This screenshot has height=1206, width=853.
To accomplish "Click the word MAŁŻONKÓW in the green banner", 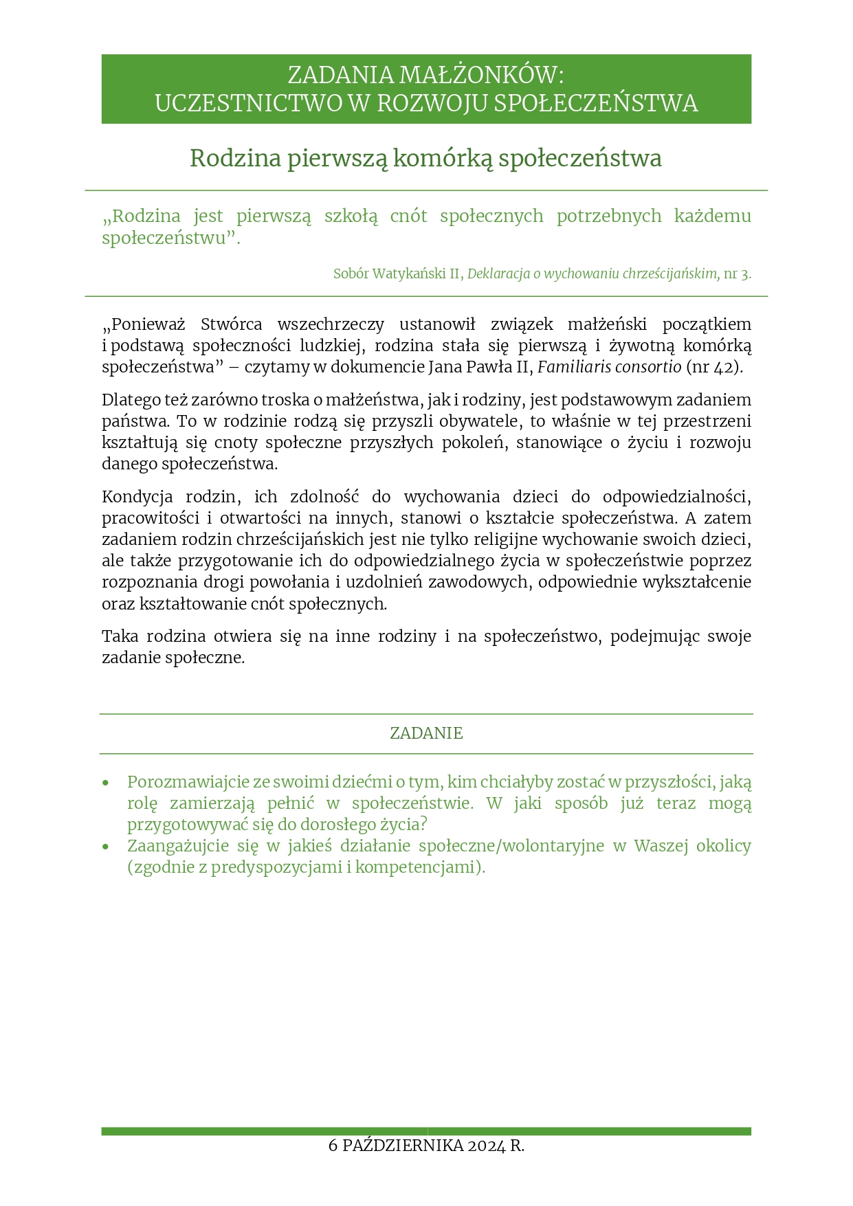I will [481, 75].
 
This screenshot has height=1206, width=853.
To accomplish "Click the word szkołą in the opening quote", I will [351, 216].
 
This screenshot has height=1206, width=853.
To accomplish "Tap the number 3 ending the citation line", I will [745, 273].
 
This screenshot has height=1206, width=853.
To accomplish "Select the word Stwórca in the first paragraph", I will [231, 324].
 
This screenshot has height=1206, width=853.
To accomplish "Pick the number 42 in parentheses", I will [723, 367].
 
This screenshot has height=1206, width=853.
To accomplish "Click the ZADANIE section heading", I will [426, 733].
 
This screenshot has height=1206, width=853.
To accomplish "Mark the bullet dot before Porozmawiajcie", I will [105, 783].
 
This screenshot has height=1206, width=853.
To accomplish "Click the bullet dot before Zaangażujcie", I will [105, 847].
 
